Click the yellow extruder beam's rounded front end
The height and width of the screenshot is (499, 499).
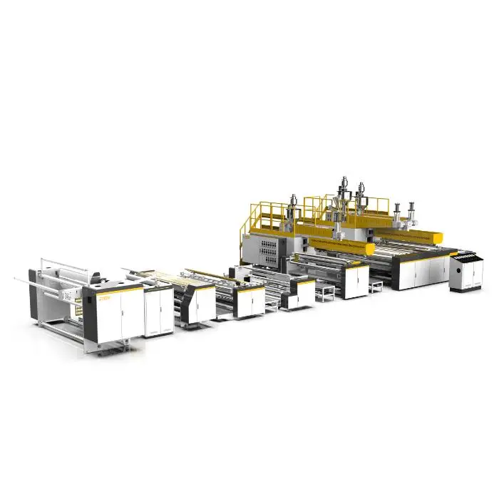(x=368, y=249)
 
